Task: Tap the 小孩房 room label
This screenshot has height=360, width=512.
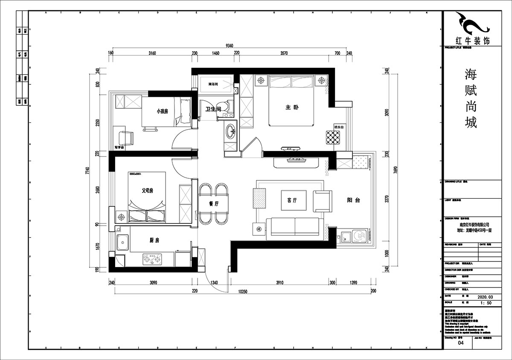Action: (162, 111)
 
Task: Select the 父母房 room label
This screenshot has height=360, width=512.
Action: (148, 191)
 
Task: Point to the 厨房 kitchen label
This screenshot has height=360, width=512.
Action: (154, 241)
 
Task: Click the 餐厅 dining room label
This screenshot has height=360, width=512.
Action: (214, 204)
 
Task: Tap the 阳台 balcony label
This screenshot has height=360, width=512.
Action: (353, 200)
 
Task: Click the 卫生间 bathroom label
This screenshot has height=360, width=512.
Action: (213, 110)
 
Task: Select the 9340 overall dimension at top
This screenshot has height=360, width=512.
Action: (231, 46)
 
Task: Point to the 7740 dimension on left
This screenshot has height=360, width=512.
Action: (88, 171)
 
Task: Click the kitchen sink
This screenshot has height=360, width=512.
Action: (123, 244)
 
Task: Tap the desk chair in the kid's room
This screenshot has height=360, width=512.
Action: (126, 137)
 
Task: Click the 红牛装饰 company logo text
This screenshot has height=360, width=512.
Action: (473, 41)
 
